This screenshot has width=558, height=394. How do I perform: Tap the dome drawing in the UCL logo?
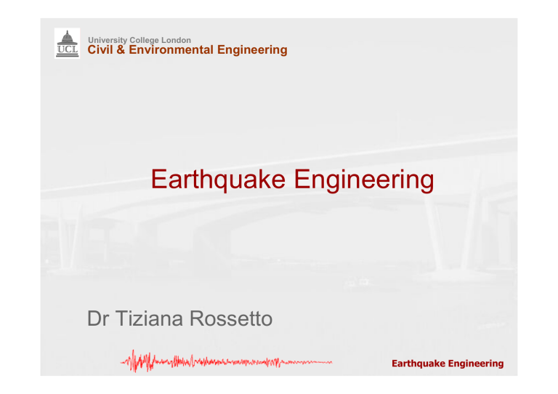click(67, 37)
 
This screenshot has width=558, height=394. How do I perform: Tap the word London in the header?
click(177, 40)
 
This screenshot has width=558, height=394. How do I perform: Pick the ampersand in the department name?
click(120, 50)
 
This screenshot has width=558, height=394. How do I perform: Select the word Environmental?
click(170, 50)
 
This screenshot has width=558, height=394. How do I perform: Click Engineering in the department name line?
click(251, 50)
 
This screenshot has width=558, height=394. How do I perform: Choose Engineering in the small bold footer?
click(475, 362)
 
